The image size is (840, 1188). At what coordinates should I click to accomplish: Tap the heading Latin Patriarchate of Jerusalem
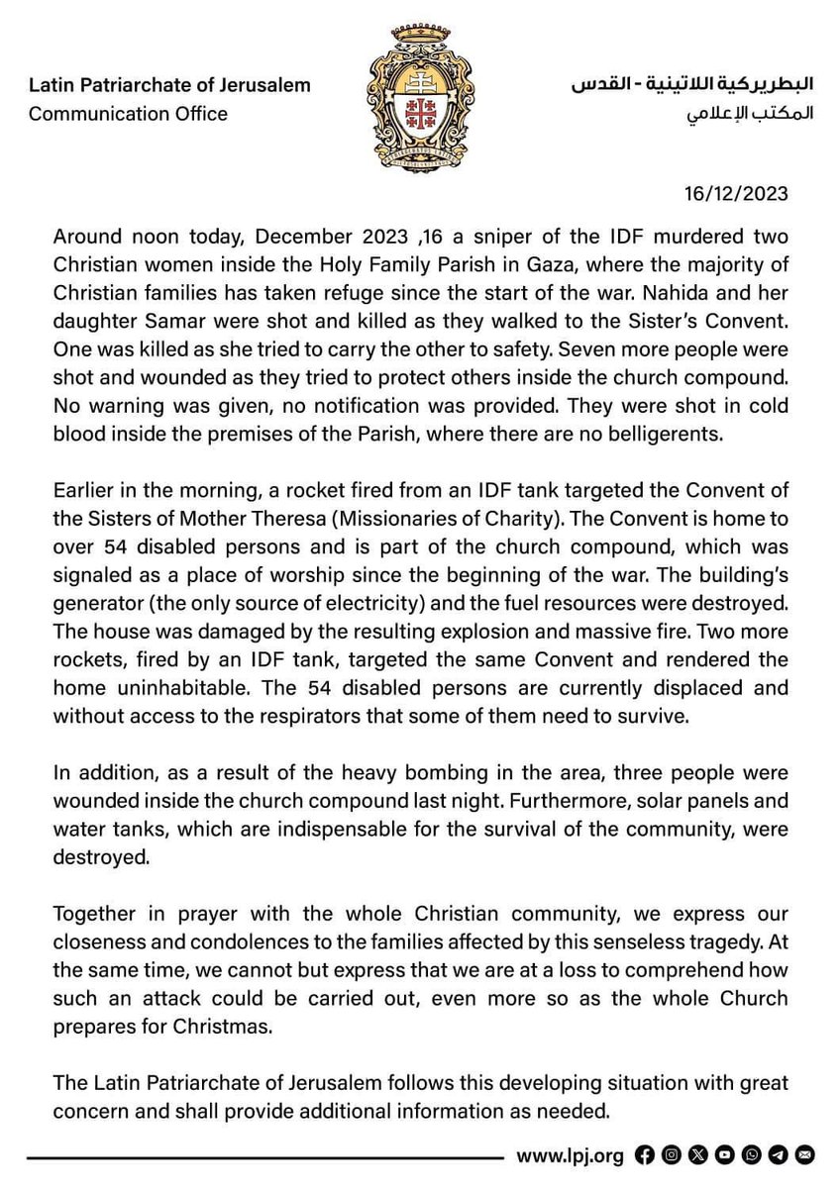(169, 85)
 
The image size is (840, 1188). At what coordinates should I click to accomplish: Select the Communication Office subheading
(128, 113)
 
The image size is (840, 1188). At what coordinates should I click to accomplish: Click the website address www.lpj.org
(570, 1153)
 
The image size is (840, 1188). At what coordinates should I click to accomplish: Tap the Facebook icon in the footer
(644, 1153)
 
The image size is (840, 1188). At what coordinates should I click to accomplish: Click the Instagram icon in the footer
(671, 1153)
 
